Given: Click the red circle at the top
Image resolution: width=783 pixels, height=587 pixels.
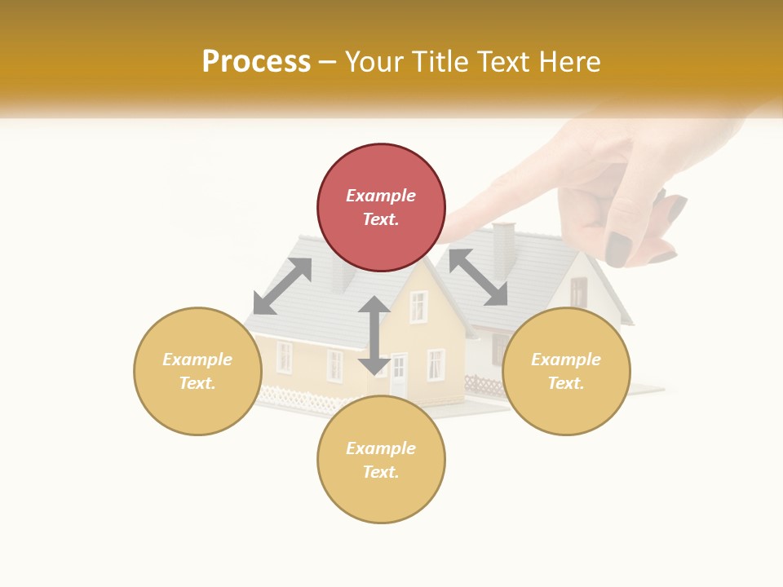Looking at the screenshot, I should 381,207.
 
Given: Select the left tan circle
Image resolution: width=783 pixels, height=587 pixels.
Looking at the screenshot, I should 197,371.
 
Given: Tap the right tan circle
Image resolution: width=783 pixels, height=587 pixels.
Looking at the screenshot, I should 566,371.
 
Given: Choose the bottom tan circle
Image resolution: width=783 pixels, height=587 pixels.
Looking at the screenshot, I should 381,460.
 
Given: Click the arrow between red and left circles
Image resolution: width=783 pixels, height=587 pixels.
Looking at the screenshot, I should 282,286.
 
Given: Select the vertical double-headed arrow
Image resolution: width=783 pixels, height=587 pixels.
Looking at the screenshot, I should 374,335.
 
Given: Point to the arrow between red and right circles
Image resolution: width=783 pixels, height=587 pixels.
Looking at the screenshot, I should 479,277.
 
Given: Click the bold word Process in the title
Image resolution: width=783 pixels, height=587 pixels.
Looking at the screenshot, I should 256,61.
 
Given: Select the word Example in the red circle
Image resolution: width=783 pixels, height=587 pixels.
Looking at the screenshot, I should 381,196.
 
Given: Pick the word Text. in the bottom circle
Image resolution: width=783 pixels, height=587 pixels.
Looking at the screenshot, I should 381,472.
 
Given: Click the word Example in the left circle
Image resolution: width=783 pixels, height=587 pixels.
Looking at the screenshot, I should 197,360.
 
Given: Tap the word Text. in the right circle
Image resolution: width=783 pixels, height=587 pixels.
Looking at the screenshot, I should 566,383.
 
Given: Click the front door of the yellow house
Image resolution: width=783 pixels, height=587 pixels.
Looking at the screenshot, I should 399,376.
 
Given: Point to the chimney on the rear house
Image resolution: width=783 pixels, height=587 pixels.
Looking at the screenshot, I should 504,249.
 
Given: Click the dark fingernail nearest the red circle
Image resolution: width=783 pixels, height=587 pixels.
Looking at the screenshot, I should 620,249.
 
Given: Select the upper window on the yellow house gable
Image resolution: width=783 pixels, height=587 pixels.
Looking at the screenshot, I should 418,307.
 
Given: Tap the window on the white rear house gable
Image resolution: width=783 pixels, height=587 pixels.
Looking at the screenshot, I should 578,291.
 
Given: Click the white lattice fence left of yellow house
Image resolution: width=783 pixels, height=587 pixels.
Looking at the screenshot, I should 298,399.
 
